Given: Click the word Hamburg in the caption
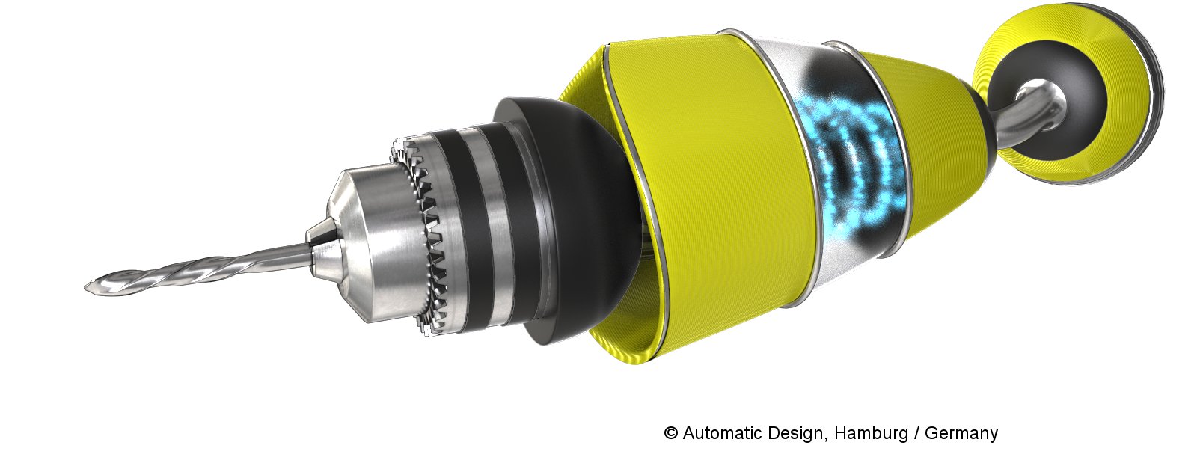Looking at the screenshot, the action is (871, 432).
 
